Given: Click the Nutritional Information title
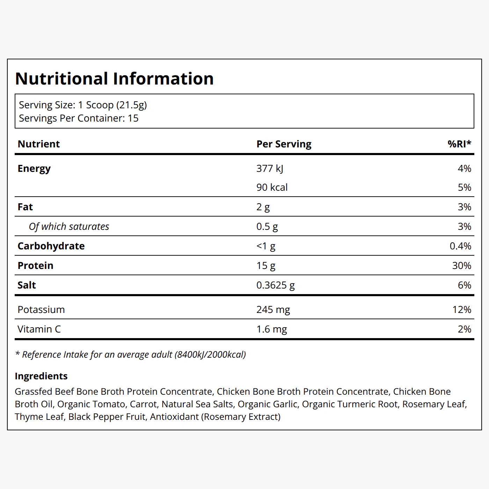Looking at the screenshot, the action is (114, 78).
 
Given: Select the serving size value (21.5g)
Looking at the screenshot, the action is (131, 105).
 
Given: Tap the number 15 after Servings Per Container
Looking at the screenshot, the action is (133, 118).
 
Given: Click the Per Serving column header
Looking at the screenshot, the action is (284, 144).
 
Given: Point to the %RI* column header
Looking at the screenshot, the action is (459, 144).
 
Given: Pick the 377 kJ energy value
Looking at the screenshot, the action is (270, 169).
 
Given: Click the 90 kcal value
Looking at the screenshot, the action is (272, 188).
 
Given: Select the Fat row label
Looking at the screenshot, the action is (25, 207).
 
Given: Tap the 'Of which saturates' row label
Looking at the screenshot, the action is (69, 227).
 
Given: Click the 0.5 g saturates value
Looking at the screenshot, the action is (267, 227).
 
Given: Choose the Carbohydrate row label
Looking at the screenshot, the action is (51, 246).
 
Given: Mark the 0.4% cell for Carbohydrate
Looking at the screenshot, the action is (460, 246).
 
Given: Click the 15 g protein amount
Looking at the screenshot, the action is (266, 266).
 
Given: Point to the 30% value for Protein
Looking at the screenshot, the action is (462, 266).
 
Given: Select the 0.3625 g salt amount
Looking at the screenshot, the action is (275, 285).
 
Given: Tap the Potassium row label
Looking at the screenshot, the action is (41, 309).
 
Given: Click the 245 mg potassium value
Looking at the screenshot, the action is (273, 310).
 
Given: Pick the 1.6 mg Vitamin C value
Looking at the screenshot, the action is (271, 329).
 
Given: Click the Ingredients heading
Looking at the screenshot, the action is (41, 376).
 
